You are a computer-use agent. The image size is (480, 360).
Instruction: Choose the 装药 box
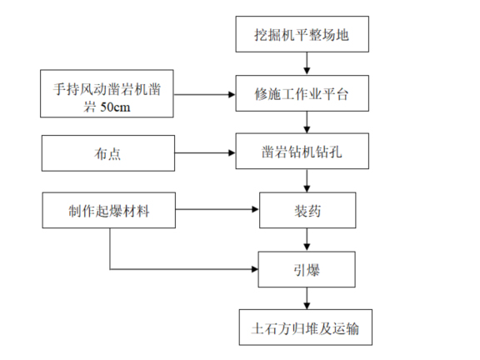(x=308, y=210)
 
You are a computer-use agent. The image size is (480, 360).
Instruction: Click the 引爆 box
(x=308, y=267)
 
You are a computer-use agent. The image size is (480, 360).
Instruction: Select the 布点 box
(x=109, y=153)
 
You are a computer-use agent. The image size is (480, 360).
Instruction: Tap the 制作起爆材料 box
(x=109, y=210)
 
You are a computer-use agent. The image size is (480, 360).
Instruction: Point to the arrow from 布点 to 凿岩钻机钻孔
(x=205, y=153)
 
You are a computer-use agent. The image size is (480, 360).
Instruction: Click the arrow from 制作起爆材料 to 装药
(x=218, y=210)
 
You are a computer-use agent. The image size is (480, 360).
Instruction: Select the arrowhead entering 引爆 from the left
(x=255, y=268)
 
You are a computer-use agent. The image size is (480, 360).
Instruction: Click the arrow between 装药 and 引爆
(x=308, y=238)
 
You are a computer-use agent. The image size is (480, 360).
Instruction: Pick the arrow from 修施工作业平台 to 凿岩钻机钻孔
(x=308, y=123)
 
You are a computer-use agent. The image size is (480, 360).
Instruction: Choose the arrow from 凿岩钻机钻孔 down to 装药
(x=308, y=181)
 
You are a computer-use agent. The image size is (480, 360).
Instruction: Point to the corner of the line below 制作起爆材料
(x=109, y=268)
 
